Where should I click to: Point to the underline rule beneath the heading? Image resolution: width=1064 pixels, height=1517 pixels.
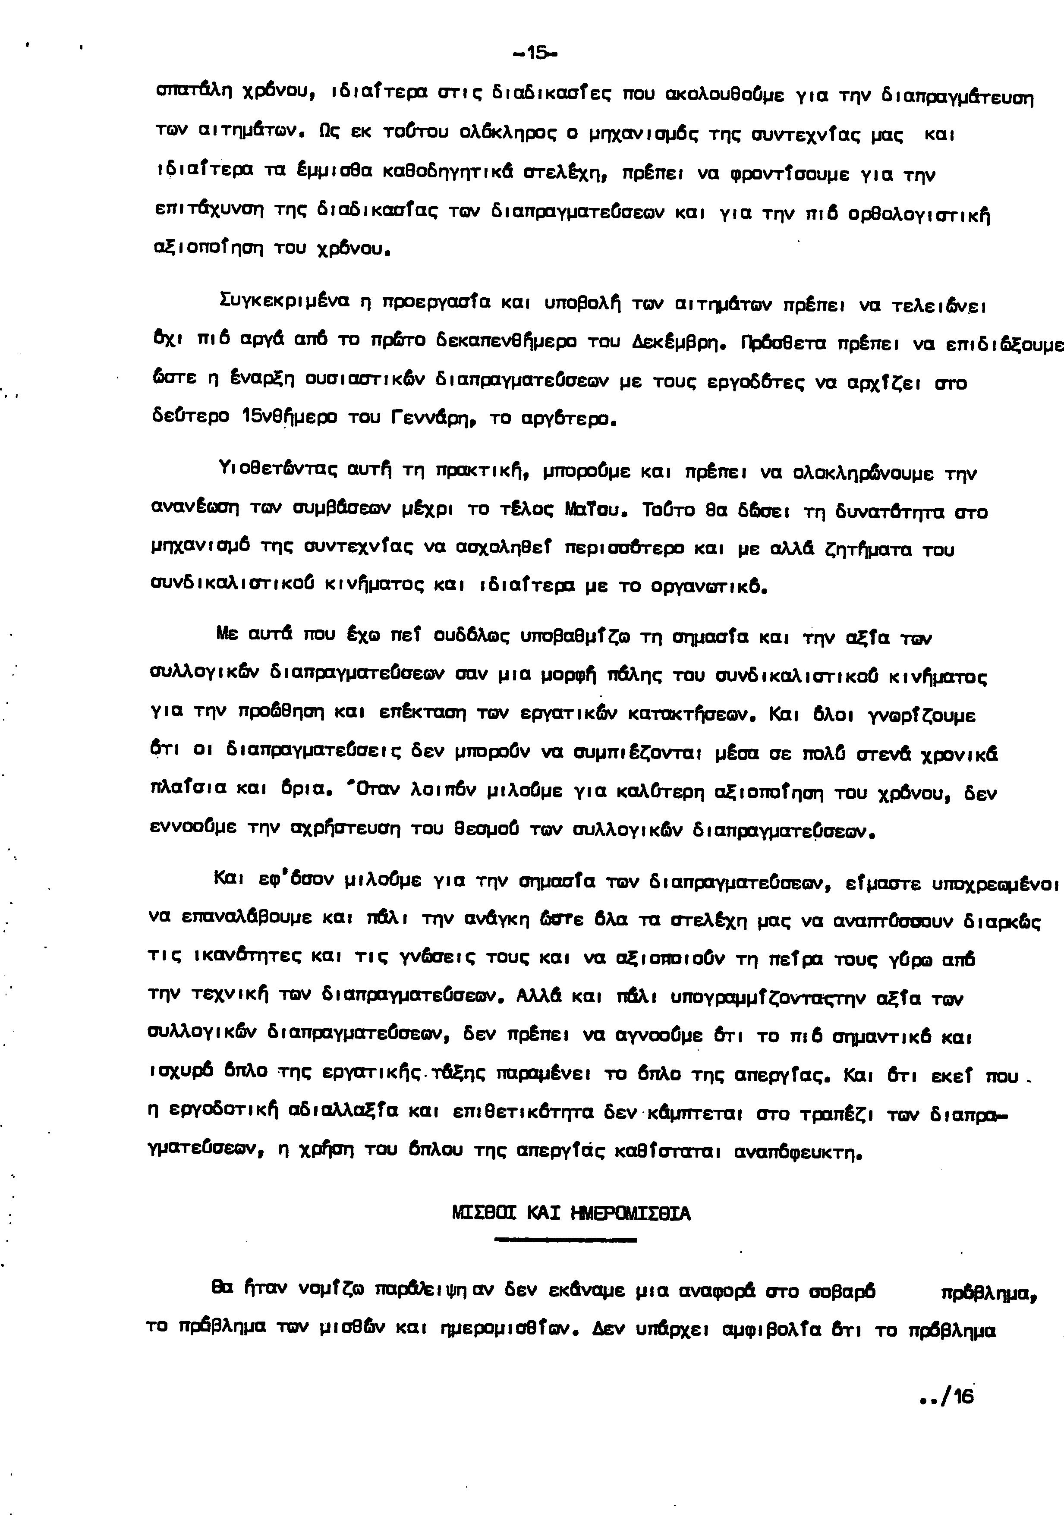(x=565, y=1241)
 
